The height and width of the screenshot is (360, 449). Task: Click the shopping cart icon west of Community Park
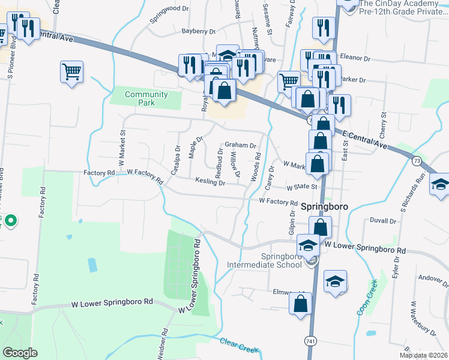[x=71, y=73]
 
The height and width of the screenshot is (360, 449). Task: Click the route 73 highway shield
[x=416, y=161]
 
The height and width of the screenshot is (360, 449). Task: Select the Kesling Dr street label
[x=210, y=182]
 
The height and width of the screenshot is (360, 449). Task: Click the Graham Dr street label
[x=240, y=145]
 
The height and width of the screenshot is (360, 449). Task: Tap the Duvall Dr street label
[x=384, y=221]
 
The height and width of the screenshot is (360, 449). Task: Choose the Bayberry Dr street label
[x=197, y=31]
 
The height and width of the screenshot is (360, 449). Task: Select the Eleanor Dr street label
[x=357, y=58]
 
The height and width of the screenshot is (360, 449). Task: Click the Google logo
[x=20, y=353]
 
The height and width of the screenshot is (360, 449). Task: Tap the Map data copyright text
[x=423, y=355]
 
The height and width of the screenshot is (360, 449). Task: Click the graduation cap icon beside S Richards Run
[x=440, y=185]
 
